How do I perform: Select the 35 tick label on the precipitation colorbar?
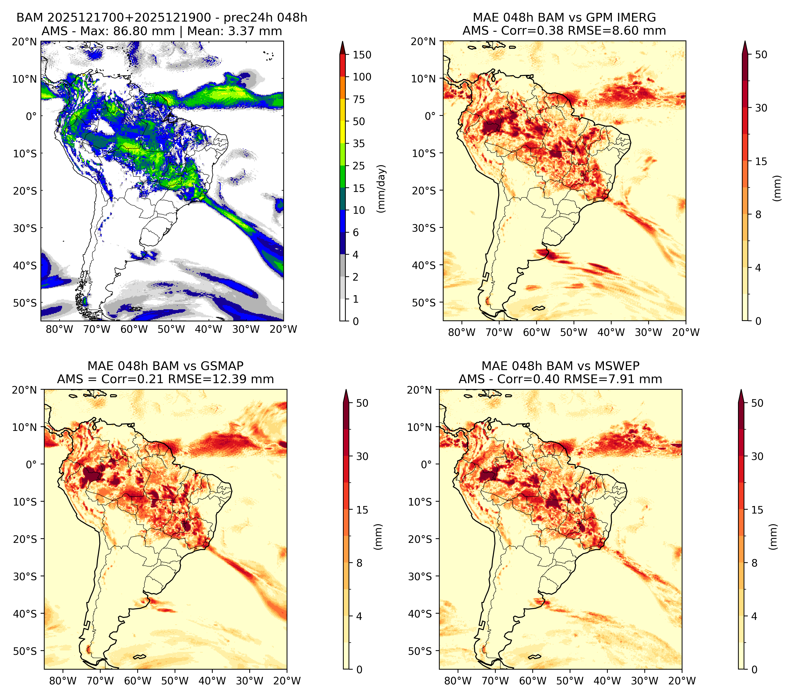[x=359, y=143]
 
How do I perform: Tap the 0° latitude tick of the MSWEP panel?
[x=427, y=464]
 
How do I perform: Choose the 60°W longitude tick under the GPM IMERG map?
[x=536, y=332]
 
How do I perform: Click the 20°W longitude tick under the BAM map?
[x=283, y=329]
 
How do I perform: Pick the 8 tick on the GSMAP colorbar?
[x=359, y=563]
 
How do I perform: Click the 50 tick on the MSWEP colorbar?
[x=757, y=403]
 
